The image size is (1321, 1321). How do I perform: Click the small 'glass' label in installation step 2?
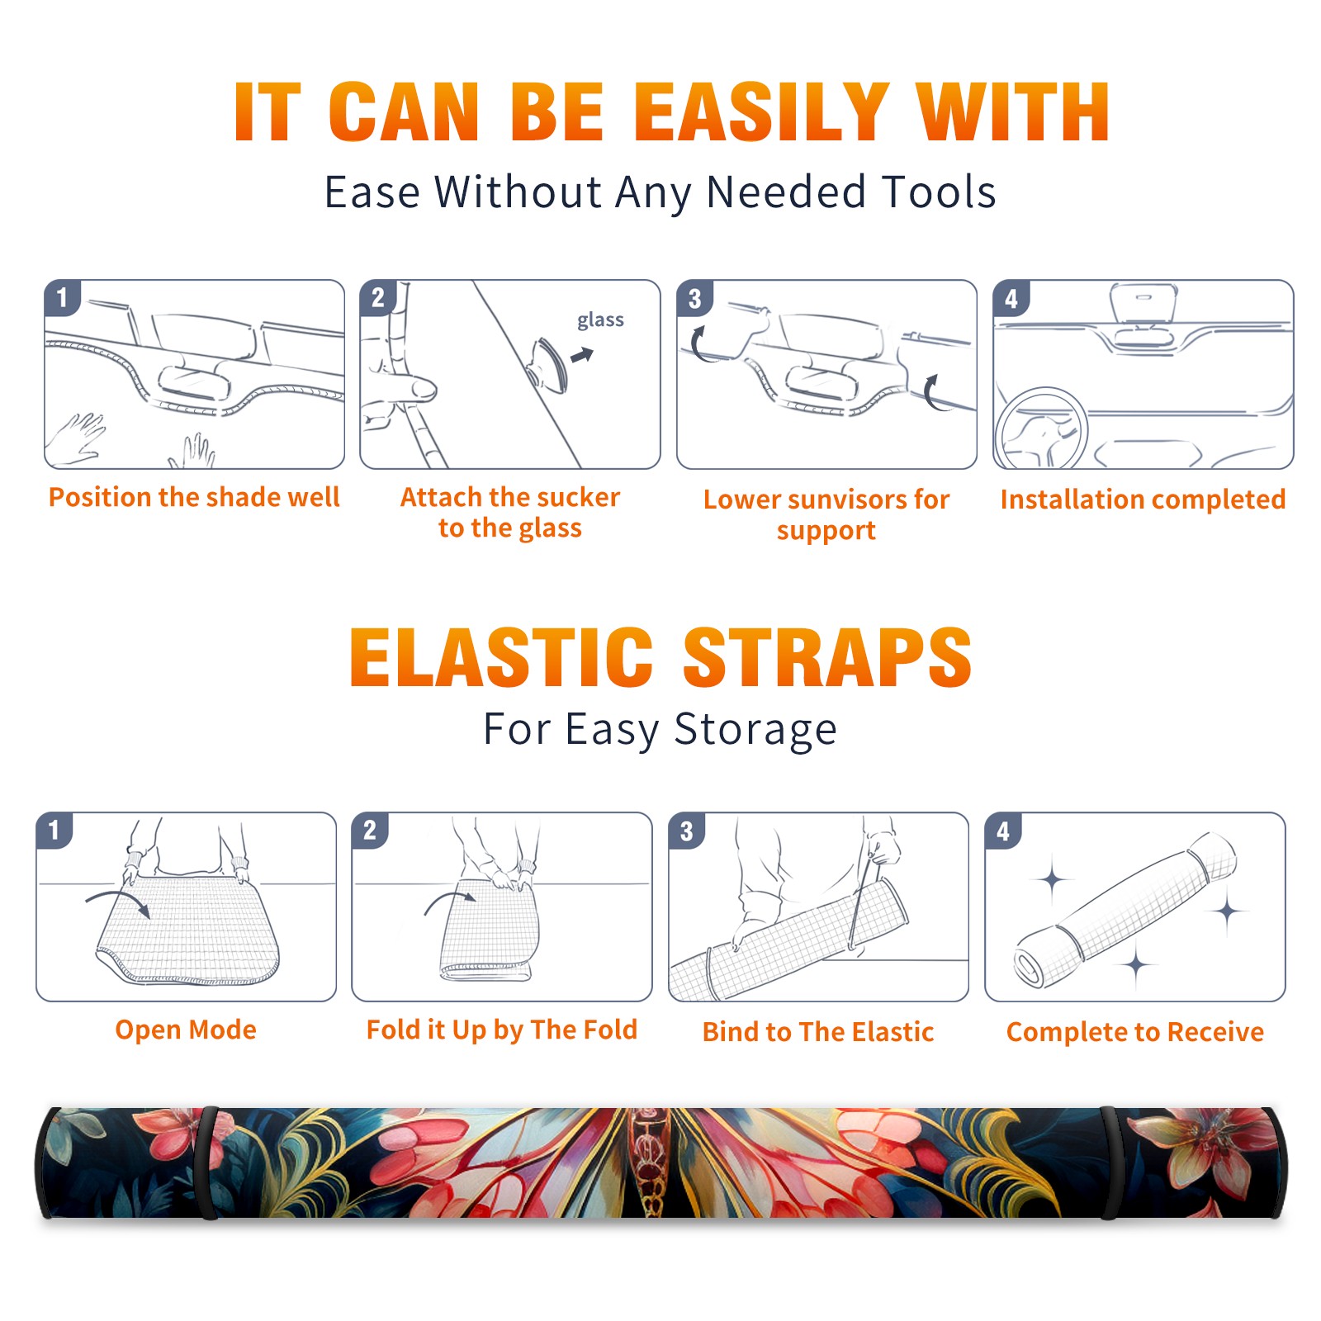pyautogui.click(x=600, y=320)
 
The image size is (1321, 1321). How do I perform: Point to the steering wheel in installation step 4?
pyautogui.click(x=1041, y=429)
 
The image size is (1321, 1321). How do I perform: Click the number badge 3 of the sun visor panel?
pyautogui.click(x=694, y=298)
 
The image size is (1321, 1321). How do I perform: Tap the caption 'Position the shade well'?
pyautogui.click(x=194, y=497)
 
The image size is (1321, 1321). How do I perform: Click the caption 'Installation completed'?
pyautogui.click(x=1143, y=500)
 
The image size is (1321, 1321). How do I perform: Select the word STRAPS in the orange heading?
pyautogui.click(x=827, y=657)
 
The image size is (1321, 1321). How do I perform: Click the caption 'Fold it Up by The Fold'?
pyautogui.click(x=502, y=1030)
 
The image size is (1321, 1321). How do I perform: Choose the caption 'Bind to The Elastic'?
pyautogui.click(x=818, y=1032)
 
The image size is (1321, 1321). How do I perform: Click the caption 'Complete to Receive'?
pyautogui.click(x=1135, y=1032)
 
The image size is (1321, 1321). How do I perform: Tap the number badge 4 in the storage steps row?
pyautogui.click(x=1003, y=831)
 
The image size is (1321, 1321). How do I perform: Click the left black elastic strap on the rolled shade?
pyautogui.click(x=207, y=1162)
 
